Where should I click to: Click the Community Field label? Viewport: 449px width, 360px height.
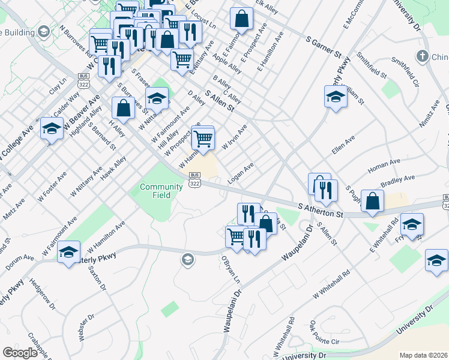point(161,191)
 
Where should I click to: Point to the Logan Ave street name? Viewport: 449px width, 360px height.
point(241,172)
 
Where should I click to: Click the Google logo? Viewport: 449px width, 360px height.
point(20,353)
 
